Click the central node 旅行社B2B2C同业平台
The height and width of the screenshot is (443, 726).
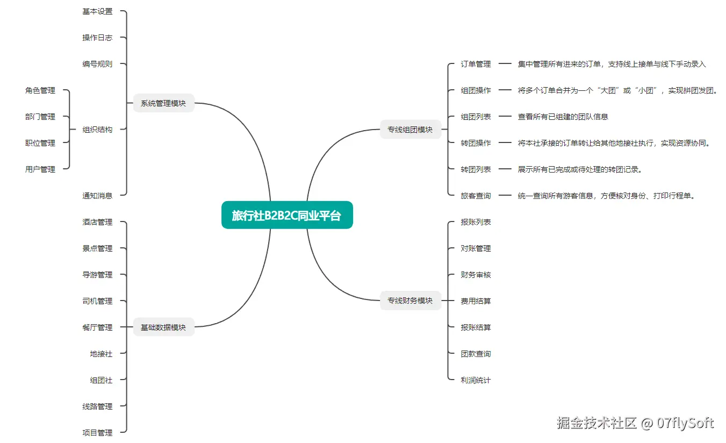click(x=287, y=215)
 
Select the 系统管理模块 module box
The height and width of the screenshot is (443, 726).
click(x=163, y=103)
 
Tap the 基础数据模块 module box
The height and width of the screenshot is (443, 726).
click(x=163, y=327)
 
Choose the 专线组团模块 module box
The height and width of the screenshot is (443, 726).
click(x=410, y=129)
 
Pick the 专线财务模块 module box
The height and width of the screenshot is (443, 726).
click(x=410, y=301)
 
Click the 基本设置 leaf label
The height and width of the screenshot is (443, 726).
click(x=97, y=11)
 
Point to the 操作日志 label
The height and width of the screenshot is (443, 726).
click(x=97, y=38)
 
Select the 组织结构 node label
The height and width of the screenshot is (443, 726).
click(x=97, y=130)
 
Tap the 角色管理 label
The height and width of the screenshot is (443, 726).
click(x=40, y=90)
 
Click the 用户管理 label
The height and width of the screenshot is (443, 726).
click(x=40, y=169)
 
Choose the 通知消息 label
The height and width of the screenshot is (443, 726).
click(x=97, y=196)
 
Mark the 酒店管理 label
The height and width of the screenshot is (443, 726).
click(x=97, y=222)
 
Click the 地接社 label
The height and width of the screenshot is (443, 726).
click(x=101, y=354)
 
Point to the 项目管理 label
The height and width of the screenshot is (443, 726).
click(x=97, y=433)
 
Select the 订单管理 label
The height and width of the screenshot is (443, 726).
click(x=476, y=64)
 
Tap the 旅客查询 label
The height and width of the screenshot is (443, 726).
click(x=476, y=196)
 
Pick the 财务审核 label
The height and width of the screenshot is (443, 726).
click(x=476, y=275)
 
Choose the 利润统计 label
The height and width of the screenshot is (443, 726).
click(x=476, y=380)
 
